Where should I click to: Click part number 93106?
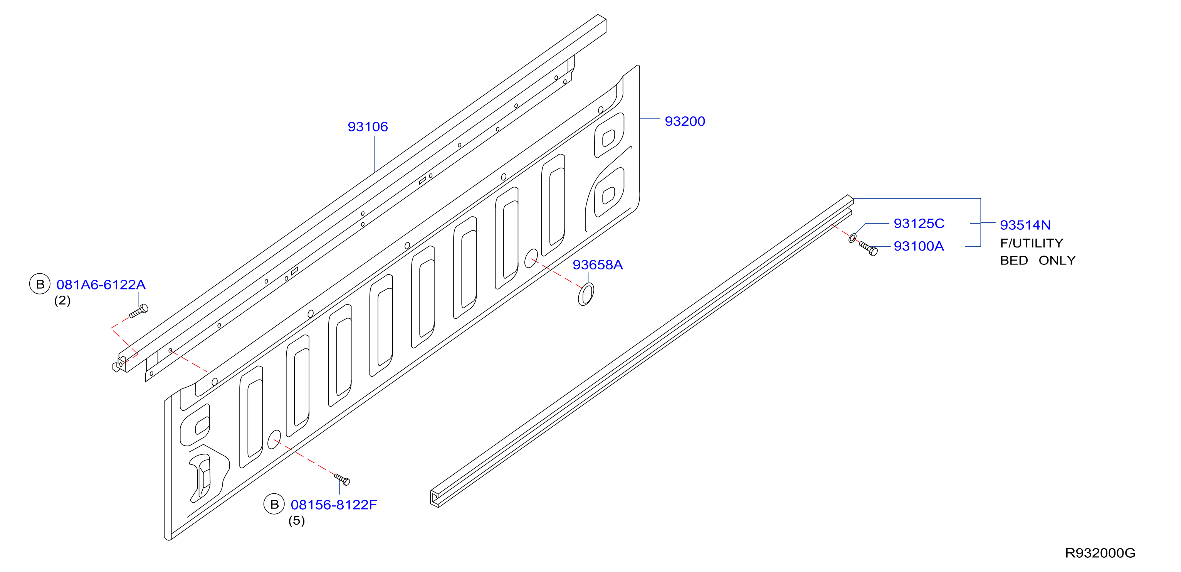368,126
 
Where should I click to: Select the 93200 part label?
685,121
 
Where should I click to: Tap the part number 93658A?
598,265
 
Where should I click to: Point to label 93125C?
919,224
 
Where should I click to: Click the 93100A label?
919,246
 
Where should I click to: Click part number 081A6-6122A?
101,285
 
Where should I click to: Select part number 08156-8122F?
334,505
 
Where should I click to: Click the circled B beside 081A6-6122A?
40,284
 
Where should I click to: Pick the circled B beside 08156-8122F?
274,505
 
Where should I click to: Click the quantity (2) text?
62,301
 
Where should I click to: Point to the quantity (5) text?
297,521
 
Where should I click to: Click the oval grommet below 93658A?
586,294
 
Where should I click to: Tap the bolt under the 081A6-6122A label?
138,311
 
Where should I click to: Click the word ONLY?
1057,261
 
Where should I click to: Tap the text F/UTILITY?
1031,243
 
